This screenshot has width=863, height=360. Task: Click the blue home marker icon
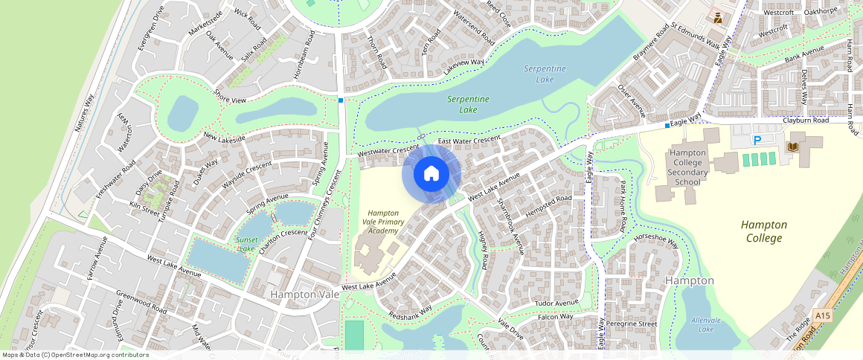431,174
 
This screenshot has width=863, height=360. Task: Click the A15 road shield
822,316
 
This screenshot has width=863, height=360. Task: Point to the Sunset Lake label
246,244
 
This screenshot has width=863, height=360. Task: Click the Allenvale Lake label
702,324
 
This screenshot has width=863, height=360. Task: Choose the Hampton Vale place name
304,295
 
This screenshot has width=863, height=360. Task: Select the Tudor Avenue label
556,303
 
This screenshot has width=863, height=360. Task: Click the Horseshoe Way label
656,240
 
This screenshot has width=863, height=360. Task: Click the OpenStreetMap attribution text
75,355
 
